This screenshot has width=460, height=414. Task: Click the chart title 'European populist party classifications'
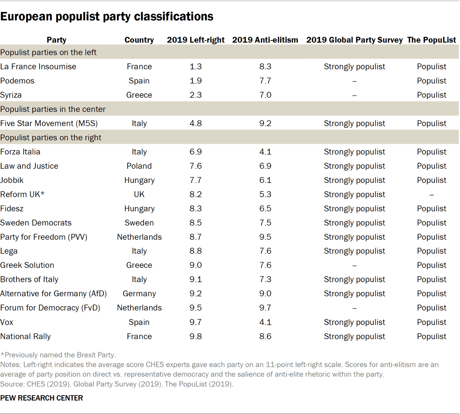click(107, 17)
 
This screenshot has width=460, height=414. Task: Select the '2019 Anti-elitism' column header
click(265, 40)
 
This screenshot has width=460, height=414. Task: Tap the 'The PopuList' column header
click(431, 40)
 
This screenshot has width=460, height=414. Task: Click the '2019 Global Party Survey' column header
click(354, 40)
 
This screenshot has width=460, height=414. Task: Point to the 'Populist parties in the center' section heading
click(53, 109)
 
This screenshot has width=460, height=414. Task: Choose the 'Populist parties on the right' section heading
click(51, 138)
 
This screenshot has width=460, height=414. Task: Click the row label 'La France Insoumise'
click(38, 67)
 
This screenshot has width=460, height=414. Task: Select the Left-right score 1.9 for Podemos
click(195, 81)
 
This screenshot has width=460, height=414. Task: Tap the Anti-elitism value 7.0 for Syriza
click(265, 95)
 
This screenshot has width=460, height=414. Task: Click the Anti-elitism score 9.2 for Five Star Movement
click(265, 123)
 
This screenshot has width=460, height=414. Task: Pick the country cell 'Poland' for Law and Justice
click(139, 166)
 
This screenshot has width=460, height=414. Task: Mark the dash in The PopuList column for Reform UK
click(431, 195)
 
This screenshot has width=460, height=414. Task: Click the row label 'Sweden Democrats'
click(36, 223)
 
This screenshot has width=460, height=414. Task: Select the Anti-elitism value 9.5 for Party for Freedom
click(265, 237)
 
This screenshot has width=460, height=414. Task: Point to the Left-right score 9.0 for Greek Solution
click(195, 265)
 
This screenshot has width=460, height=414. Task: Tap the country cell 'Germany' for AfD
click(139, 294)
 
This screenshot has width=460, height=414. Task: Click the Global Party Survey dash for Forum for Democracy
click(354, 308)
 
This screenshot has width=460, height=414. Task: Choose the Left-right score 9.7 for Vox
click(195, 322)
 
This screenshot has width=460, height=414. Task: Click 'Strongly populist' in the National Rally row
click(354, 336)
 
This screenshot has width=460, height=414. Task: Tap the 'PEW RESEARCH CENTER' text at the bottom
click(41, 398)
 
